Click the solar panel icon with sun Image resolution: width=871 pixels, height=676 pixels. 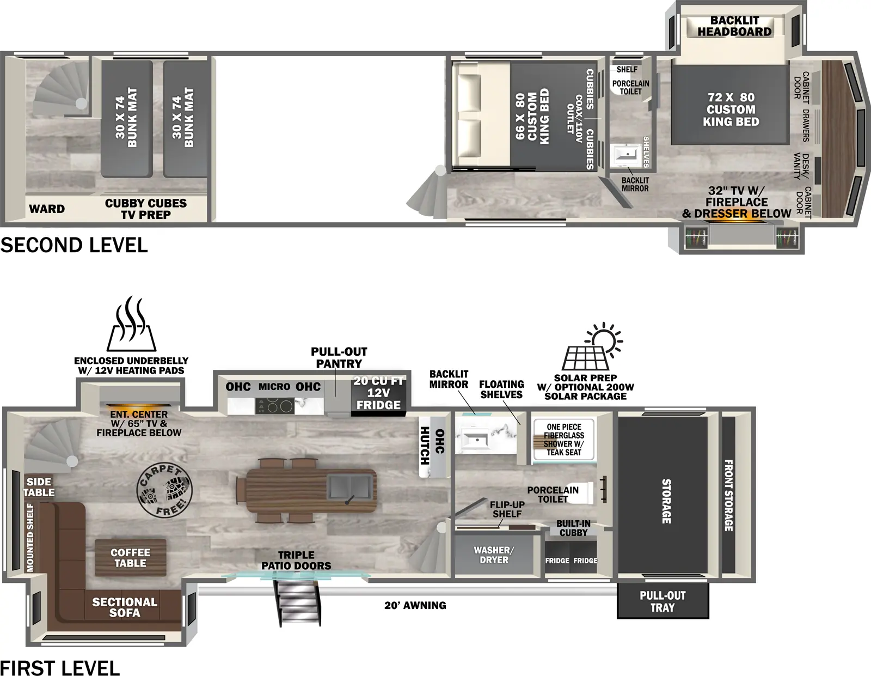592,348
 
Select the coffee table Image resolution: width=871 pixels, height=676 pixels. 130,558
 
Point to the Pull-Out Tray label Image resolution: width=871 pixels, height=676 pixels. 663,601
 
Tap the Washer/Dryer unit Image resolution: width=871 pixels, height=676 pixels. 493,555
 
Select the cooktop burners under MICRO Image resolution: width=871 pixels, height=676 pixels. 274,406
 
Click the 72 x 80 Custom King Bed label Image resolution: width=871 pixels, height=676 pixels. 731,109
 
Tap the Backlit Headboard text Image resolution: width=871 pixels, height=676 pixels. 734,26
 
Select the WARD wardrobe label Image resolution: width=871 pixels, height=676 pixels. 47,209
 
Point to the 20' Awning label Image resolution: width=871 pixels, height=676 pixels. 415,605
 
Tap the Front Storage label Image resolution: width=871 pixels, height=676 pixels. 728,495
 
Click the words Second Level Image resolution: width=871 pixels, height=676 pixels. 74,245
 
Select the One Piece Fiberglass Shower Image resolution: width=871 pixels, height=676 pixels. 564,440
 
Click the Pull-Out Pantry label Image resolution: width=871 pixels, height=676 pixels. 339,357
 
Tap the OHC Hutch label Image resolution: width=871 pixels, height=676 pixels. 432,446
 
